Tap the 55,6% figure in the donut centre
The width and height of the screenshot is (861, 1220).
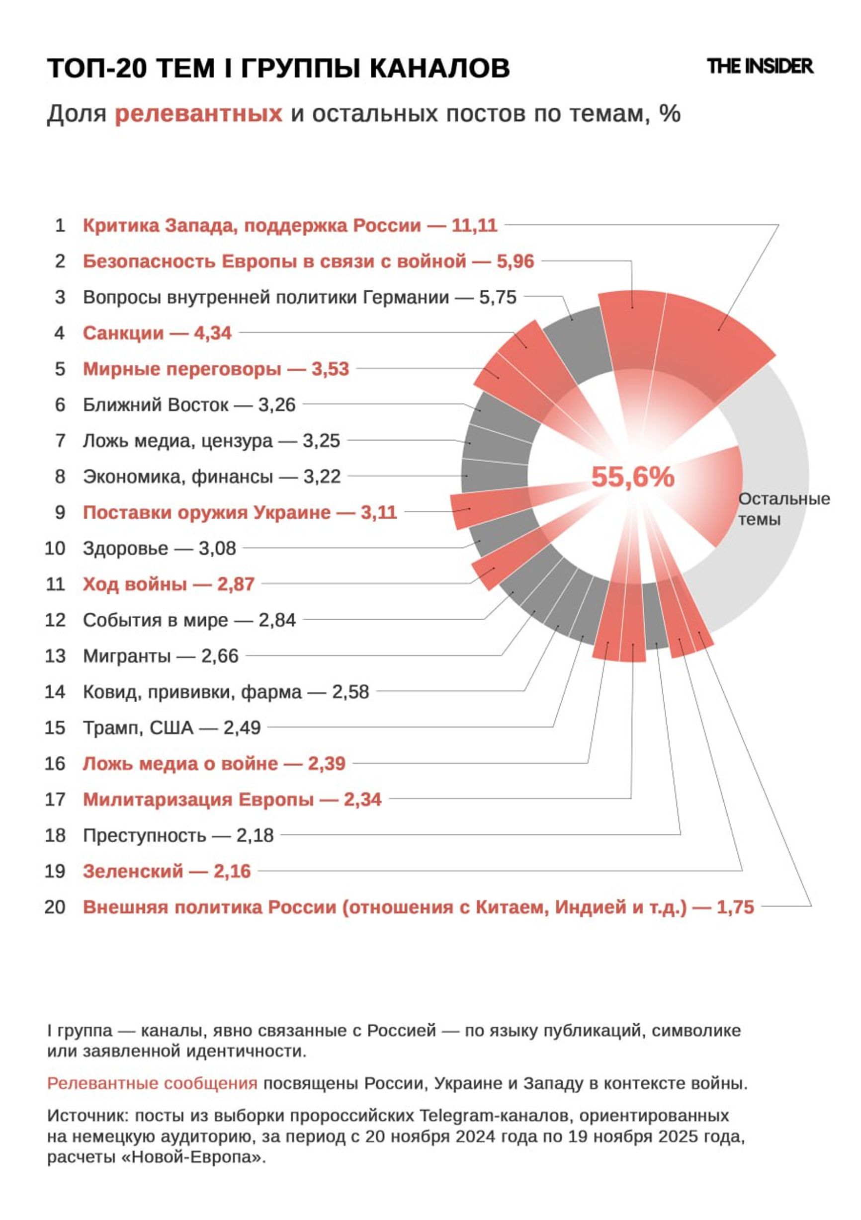[632, 477]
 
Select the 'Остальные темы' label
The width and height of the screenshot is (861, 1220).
[783, 508]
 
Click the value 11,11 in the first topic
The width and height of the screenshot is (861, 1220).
[474, 225]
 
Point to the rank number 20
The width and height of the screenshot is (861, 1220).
[55, 907]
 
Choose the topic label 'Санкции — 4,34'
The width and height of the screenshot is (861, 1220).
[157, 333]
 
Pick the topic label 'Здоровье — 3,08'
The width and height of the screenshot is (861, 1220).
[160, 548]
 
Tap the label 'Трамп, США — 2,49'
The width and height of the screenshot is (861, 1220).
[172, 728]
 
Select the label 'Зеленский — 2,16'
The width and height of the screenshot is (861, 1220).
[167, 872]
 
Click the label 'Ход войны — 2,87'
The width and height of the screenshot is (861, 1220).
[169, 584]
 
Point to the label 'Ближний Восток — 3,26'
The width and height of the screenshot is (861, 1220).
[189, 405]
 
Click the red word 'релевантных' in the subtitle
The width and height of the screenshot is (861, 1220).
[198, 114]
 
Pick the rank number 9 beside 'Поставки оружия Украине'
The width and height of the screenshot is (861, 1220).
[60, 513]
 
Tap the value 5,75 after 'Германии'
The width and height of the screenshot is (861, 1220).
[498, 298]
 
